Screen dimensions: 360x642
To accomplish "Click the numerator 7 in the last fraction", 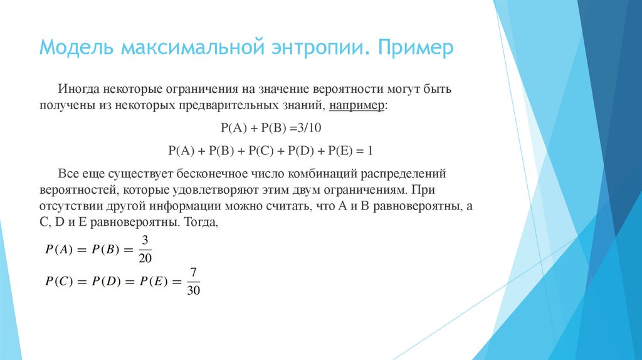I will (194, 273).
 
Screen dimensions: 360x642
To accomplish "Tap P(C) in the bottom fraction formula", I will (58, 282).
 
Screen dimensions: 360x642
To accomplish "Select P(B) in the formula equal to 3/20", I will (105, 248).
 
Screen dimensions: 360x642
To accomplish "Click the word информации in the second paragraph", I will (181, 206).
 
